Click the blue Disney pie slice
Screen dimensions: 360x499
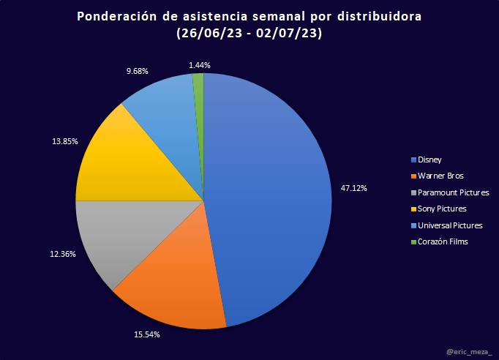(x=271, y=190)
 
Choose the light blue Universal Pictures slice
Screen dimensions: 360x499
(x=165, y=117)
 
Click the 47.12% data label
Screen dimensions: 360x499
(x=354, y=188)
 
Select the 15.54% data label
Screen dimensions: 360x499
(x=147, y=334)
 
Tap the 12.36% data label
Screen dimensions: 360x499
(x=63, y=254)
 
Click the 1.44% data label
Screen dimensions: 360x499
(x=200, y=65)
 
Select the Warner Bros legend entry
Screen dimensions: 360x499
(x=440, y=176)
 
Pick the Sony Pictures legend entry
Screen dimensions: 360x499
(x=441, y=209)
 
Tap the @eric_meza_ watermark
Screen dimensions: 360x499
(x=468, y=352)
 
